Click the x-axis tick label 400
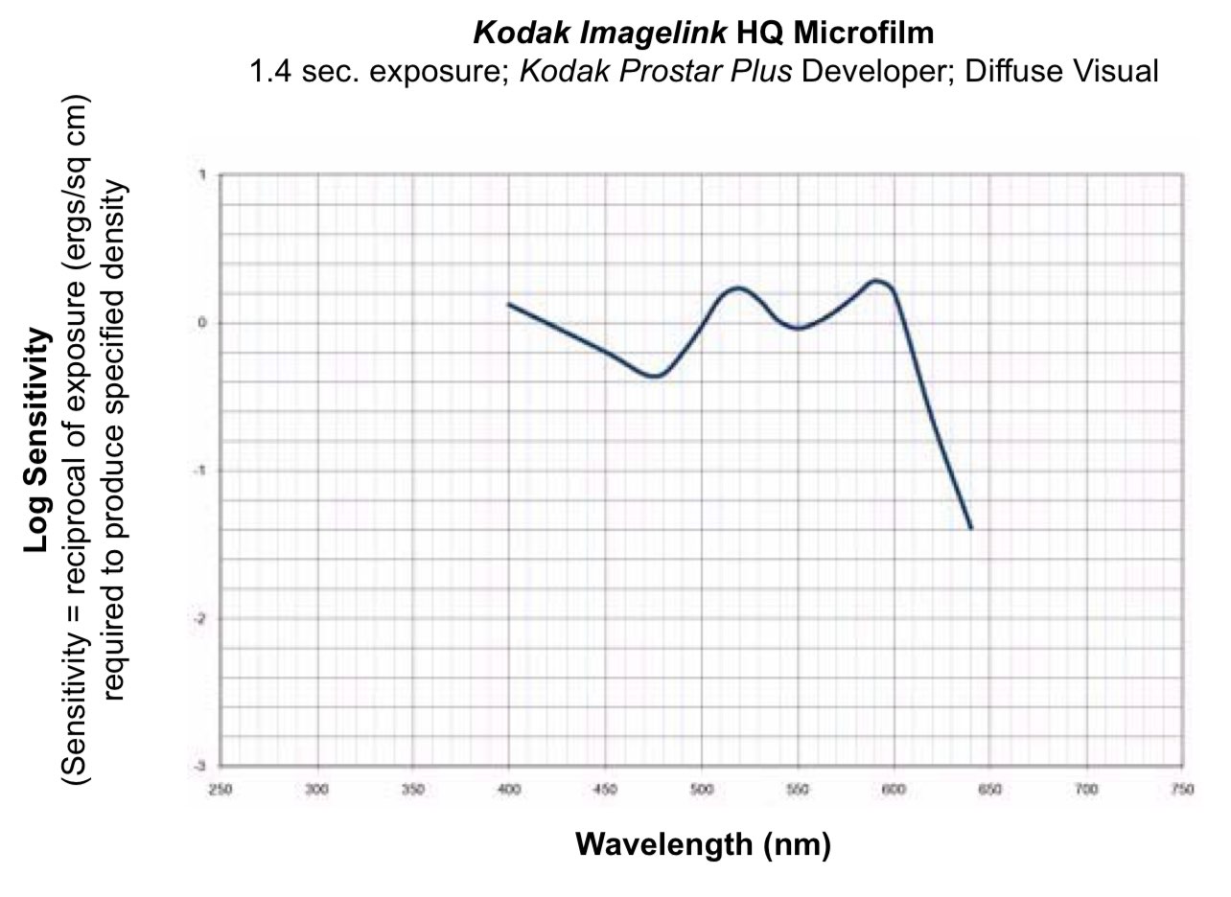pyautogui.click(x=508, y=790)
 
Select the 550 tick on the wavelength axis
pyautogui.click(x=797, y=790)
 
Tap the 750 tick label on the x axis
pyautogui.click(x=1182, y=790)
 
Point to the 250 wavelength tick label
pyautogui.click(x=220, y=790)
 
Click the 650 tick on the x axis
pyautogui.click(x=989, y=790)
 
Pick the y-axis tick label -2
pyautogui.click(x=202, y=618)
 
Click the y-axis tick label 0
pyautogui.click(x=202, y=323)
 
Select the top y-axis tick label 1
pyautogui.click(x=202, y=174)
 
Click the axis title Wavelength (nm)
pyautogui.click(x=703, y=844)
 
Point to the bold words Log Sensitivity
pyautogui.click(x=37, y=440)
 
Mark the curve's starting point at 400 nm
pyautogui.click(x=508, y=304)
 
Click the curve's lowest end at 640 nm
pyautogui.click(x=971, y=528)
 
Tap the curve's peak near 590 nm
pyautogui.click(x=875, y=281)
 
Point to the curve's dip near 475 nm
pyautogui.click(x=654, y=376)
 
